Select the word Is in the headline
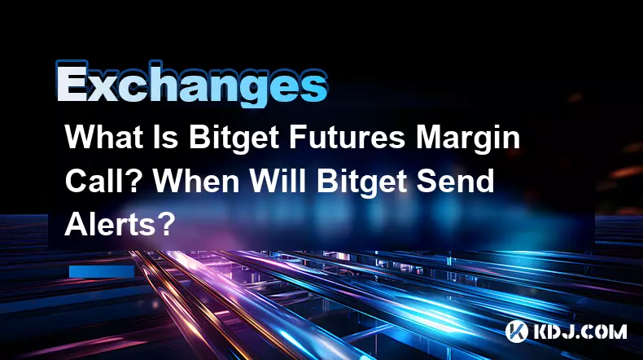tap(168, 137)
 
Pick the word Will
tap(278, 181)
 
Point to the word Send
tap(455, 181)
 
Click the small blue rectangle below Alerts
tap(102, 271)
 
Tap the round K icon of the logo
tap(516, 331)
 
